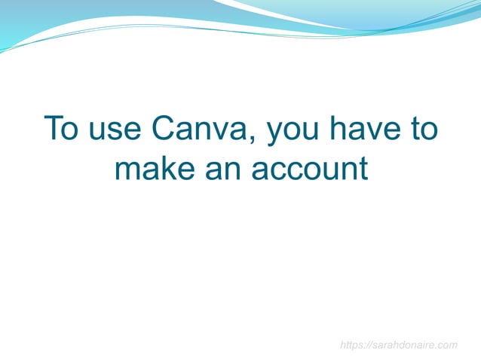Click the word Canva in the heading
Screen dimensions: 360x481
pyautogui.click(x=198, y=129)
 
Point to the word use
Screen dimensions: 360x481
pyautogui.click(x=114, y=129)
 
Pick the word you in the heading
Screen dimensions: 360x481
pyautogui.click(x=293, y=129)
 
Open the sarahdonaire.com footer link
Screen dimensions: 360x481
pyautogui.click(x=399, y=345)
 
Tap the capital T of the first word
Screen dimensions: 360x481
pyautogui.click(x=52, y=129)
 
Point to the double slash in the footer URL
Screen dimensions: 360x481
pyautogui.click(x=367, y=345)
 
